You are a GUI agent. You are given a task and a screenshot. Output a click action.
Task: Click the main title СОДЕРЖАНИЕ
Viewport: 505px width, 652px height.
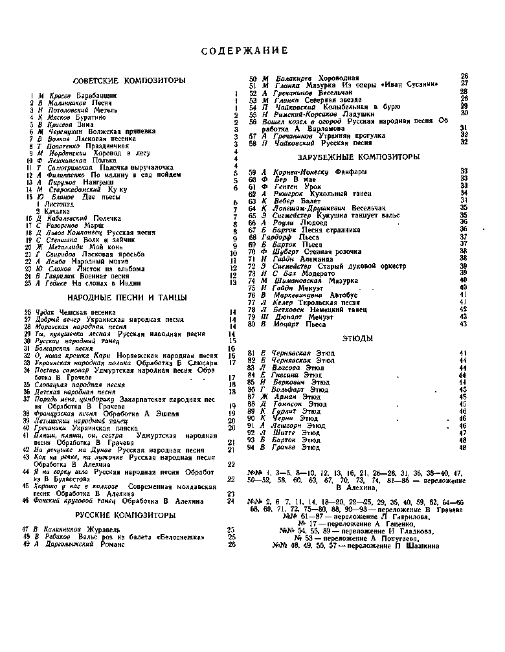click(244, 51)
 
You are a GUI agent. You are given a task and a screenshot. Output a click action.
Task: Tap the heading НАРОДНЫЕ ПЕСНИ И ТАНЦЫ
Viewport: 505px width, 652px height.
click(128, 297)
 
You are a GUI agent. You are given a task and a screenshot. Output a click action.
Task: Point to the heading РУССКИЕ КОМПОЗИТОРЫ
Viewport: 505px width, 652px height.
click(126, 515)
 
